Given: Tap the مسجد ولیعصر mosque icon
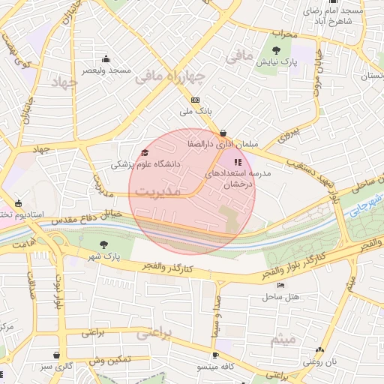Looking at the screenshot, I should [106, 59].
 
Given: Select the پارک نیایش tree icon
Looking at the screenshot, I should [277, 50].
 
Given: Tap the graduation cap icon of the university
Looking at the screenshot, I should [144, 153].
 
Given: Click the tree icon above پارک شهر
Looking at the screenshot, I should [103, 244].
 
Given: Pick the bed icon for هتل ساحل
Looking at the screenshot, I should [280, 285].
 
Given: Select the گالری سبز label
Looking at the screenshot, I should [57, 367].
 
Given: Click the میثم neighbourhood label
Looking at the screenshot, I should [286, 340].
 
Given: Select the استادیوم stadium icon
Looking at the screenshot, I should [19, 203].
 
